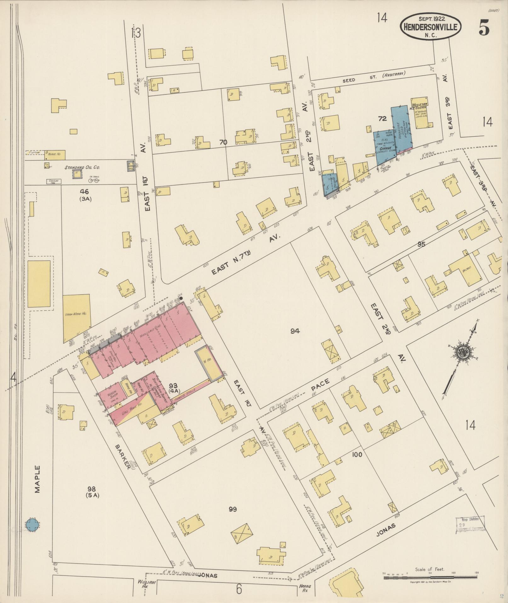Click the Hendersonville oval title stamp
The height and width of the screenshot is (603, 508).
point(431,27)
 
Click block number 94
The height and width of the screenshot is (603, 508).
point(295,331)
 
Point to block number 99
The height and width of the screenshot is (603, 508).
point(233,509)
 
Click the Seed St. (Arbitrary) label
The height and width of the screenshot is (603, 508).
point(374,77)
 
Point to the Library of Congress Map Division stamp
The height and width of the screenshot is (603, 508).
point(470,525)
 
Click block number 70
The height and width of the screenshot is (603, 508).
point(223,142)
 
